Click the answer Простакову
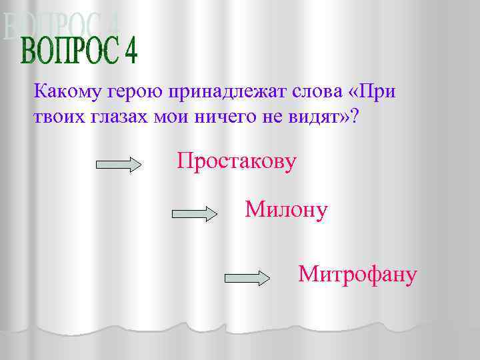coord(237,162)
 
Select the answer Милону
coord(286,210)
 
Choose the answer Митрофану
coord(358,273)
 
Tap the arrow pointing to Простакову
coord(119,165)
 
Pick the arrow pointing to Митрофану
coord(247,277)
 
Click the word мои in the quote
coord(177,118)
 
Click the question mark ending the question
coord(354,117)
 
